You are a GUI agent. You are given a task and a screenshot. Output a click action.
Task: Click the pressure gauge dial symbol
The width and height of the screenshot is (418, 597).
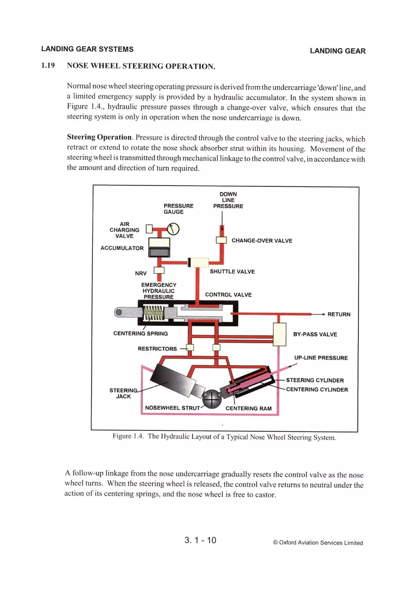pos(173,229)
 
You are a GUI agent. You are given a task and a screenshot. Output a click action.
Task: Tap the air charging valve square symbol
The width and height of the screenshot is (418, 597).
pos(149,229)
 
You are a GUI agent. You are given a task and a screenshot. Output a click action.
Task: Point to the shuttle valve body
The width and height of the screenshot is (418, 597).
pos(198,263)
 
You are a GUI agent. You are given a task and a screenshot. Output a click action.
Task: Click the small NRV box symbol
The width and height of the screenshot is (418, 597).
pos(159,270)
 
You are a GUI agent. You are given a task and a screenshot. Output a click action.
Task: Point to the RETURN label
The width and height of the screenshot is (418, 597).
pos(339,314)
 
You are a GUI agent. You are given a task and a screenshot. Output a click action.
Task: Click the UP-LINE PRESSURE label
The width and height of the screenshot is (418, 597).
pos(321,358)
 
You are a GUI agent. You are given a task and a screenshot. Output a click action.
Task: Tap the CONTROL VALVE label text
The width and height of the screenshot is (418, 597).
pos(228,295)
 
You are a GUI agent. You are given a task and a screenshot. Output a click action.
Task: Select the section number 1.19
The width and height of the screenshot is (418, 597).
pos(48,65)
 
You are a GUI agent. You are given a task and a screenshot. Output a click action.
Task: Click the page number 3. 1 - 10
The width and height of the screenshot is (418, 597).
pos(200,540)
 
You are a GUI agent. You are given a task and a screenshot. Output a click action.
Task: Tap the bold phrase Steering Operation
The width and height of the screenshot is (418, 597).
pos(99,137)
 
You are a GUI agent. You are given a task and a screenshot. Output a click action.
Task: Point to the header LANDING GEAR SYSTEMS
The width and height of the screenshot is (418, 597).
pos(87,49)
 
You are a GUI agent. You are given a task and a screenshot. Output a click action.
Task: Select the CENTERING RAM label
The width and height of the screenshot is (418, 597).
pos(249,408)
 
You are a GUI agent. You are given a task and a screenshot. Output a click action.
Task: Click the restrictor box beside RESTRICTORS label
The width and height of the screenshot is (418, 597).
pos(190,347)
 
